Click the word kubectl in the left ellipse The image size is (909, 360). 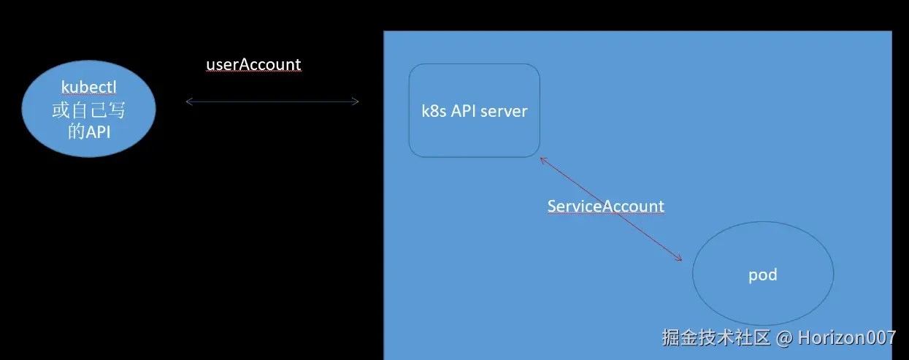point(89,87)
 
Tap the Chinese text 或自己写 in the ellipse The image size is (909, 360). point(89,110)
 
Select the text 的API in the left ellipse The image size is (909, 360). point(88,132)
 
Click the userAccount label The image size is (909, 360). point(253,64)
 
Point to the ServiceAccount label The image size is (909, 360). point(605,206)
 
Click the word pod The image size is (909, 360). point(763,275)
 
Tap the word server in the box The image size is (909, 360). point(504,112)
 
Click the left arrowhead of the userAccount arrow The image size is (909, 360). point(188,102)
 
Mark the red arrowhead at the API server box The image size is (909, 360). point(542,160)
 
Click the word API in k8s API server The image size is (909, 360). point(464,112)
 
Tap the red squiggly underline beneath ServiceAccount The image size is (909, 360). point(605,215)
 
